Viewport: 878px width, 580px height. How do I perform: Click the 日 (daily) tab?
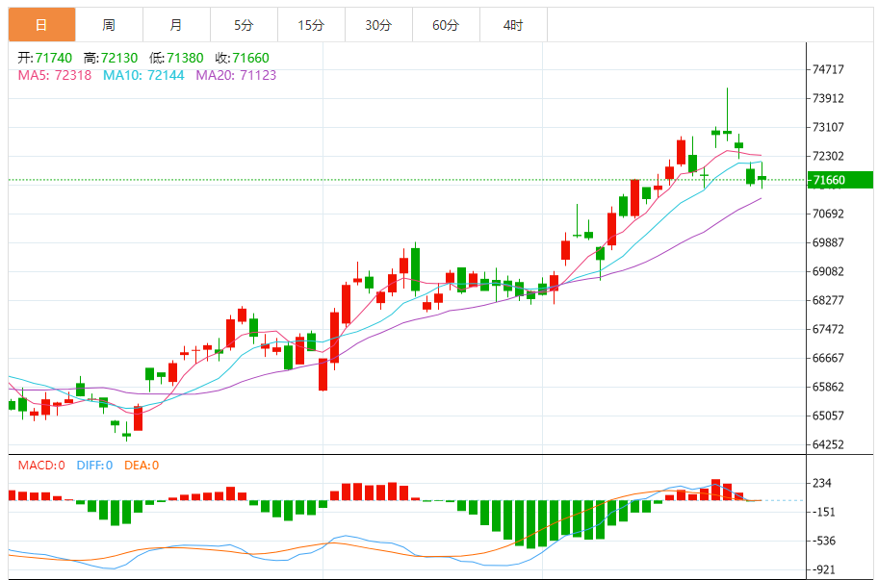41,25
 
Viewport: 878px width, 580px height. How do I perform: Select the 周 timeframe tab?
109,25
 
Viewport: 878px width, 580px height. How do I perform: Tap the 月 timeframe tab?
176,25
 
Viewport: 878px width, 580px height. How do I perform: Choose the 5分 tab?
244,25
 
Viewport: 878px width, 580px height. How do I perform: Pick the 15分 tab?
311,25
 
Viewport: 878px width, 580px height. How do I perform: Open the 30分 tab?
378,25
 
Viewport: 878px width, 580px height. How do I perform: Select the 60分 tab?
446,25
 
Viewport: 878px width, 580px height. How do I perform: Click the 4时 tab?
513,25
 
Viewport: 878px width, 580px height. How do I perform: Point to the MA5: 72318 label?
55,74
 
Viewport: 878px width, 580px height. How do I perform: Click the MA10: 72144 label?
143,74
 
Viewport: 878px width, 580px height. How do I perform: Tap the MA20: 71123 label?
236,74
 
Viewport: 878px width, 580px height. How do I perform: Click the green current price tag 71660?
838,180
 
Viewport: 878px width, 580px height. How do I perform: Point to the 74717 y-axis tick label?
828,69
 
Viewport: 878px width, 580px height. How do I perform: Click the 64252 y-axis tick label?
828,444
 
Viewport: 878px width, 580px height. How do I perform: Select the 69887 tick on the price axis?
828,242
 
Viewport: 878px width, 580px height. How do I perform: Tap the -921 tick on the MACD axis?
826,569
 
